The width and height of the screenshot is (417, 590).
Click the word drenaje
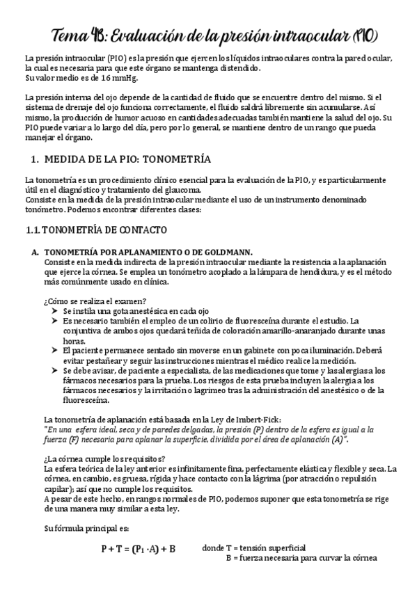(77, 110)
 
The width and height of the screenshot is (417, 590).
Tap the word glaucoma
(183, 191)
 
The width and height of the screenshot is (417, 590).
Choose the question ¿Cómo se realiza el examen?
(95, 300)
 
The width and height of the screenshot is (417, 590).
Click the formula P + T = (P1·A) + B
(138, 548)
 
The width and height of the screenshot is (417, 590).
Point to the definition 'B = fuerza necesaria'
(301, 557)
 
